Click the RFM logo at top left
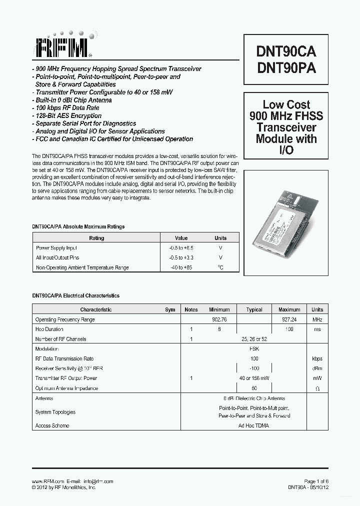(x=62, y=47)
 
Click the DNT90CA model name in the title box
(x=286, y=51)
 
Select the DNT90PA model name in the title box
(x=286, y=68)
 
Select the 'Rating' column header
(x=96, y=238)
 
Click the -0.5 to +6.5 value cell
(x=181, y=248)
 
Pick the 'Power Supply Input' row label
(x=56, y=248)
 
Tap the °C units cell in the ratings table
(x=220, y=267)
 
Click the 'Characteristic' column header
(x=96, y=309)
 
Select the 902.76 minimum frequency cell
(x=219, y=319)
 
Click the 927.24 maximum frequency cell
(x=289, y=319)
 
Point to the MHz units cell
(x=317, y=319)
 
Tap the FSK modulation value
(x=254, y=349)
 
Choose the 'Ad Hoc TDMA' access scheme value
(x=254, y=426)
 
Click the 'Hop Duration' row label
(x=49, y=329)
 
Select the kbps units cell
(x=317, y=359)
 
